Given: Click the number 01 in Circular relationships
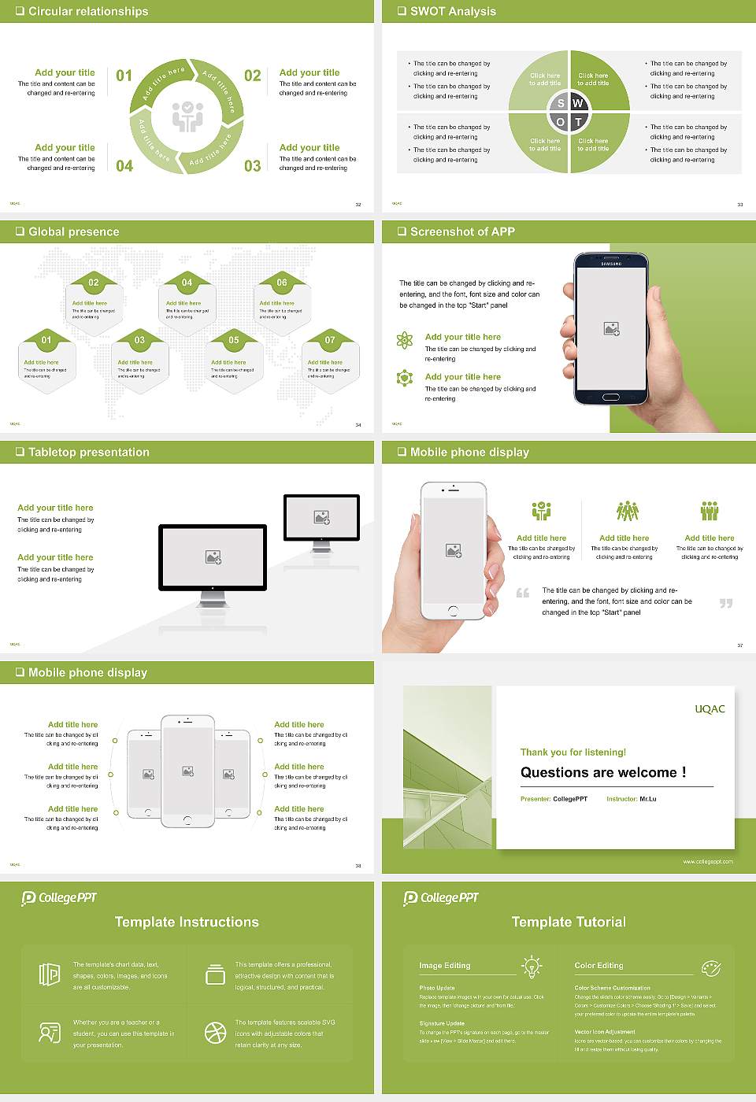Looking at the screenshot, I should click(124, 76).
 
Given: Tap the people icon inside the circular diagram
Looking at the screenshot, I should click(187, 116).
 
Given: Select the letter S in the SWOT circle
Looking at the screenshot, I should click(561, 103).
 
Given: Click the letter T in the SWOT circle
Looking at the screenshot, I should click(578, 122).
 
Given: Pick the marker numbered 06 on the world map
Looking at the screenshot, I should click(282, 283).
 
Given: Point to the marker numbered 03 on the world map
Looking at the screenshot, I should click(139, 340).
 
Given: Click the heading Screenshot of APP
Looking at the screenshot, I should click(462, 231).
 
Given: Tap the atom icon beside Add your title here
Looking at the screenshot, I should click(405, 340).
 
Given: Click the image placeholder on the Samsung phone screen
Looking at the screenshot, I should click(611, 329).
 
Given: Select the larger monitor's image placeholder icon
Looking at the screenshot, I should click(213, 557).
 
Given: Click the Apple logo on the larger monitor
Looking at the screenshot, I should click(213, 588).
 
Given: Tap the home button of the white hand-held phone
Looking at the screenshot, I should click(453, 611).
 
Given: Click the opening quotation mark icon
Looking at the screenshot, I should click(523, 593).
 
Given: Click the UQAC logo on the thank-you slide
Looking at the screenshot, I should click(710, 709).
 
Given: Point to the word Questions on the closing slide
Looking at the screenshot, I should click(558, 772).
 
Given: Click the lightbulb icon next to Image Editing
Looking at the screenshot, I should click(532, 967).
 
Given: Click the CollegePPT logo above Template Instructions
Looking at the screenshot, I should click(59, 897).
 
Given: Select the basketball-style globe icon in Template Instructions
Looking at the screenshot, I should click(215, 1033).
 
